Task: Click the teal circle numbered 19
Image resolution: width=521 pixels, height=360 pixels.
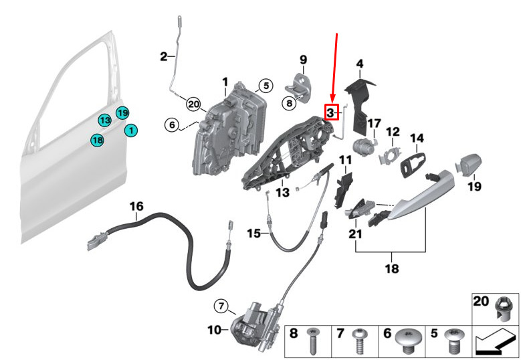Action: [122, 113]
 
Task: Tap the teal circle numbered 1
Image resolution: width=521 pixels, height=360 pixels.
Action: [131, 130]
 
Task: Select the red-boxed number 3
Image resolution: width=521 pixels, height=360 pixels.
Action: [330, 112]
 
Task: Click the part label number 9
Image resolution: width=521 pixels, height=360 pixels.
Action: [304, 60]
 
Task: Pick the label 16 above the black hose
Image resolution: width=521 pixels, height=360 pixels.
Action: [136, 206]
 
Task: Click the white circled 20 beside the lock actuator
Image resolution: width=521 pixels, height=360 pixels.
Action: [194, 104]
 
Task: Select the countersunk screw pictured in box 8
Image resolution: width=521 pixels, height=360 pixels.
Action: [312, 341]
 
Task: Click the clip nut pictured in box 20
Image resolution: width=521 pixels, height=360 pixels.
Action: [504, 309]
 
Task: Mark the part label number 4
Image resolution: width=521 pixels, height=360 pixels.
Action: [360, 64]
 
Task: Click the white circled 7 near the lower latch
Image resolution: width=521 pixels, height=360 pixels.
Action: [221, 306]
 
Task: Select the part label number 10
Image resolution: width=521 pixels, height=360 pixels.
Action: [214, 330]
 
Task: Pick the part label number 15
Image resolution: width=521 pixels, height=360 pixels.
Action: [253, 234]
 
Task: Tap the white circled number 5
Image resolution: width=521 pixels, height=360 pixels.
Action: [266, 86]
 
